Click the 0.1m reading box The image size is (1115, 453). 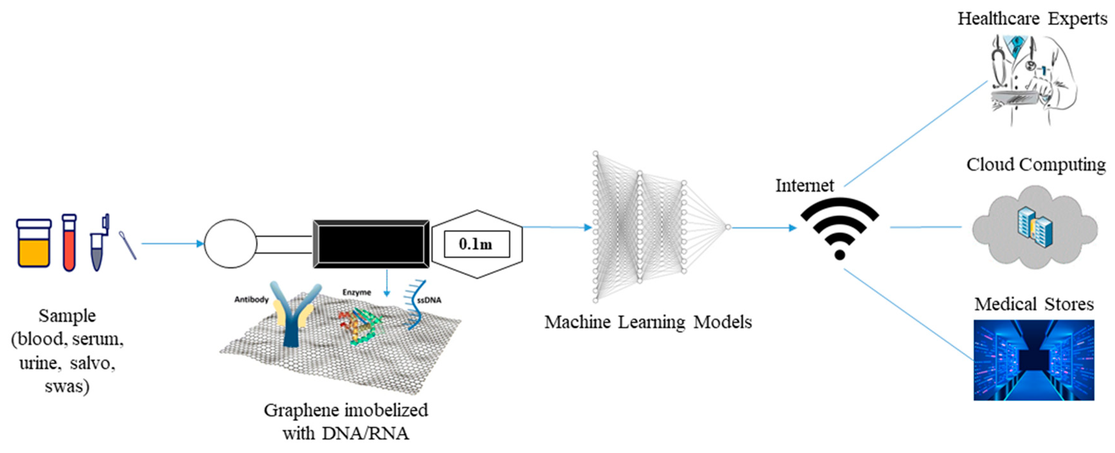[476, 244]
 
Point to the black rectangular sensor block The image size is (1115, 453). [371, 244]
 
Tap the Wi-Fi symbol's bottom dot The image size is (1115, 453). [840, 255]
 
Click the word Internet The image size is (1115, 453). [804, 186]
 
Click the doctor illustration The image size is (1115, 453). [1032, 78]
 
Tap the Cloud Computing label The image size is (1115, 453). [1036, 165]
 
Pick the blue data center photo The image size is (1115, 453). [1034, 360]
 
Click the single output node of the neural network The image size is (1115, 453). [728, 227]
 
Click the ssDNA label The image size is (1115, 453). [429, 300]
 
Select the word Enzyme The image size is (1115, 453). [357, 292]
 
